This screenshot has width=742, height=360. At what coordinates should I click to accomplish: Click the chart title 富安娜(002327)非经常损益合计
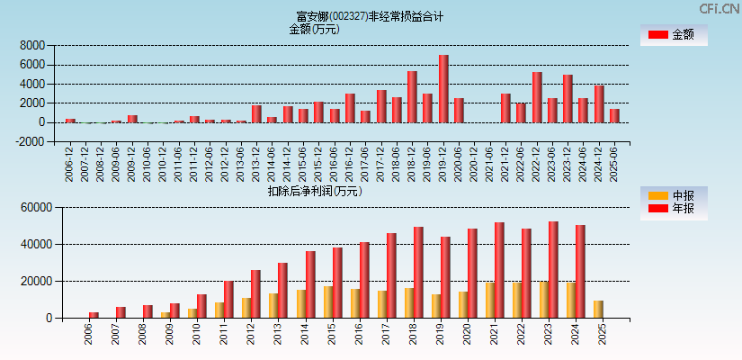[370, 16]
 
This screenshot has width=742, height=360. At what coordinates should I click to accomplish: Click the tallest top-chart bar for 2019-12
[443, 89]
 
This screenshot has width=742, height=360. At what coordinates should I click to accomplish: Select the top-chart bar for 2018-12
[412, 97]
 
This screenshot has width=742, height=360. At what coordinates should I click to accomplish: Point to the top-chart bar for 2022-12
[537, 97]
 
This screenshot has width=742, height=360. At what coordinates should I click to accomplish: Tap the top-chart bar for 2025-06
[614, 116]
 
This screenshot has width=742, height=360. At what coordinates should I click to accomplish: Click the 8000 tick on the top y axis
[32, 45]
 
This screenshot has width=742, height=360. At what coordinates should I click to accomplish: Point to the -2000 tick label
[31, 141]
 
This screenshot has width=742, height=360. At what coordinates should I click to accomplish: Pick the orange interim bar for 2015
[328, 301]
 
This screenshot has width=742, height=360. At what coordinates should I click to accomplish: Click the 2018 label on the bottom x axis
[414, 335]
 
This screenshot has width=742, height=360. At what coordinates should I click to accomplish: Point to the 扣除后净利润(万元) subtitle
[314, 191]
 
